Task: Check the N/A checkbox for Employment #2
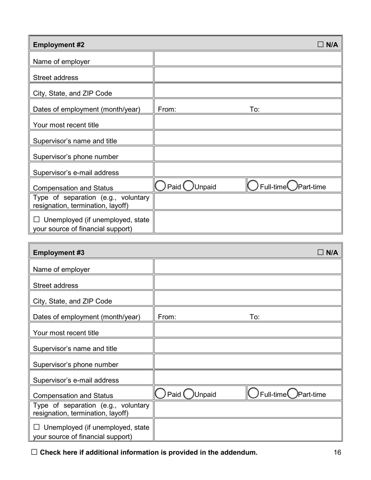pyautogui.click(x=321, y=45)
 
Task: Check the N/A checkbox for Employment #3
pyautogui.click(x=321, y=252)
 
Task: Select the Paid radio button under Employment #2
pyautogui.click(x=160, y=187)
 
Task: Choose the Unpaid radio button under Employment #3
pyautogui.click(x=188, y=394)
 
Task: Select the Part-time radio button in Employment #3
pyautogui.click(x=292, y=394)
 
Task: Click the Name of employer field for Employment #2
pyautogui.click(x=248, y=59)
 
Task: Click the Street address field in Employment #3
pyautogui.click(x=248, y=283)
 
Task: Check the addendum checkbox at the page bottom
pyautogui.click(x=34, y=452)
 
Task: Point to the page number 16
pyautogui.click(x=337, y=453)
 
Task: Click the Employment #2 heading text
pyautogui.click(x=59, y=45)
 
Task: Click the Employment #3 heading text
pyautogui.click(x=59, y=252)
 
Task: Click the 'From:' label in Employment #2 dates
pyautogui.click(x=167, y=109)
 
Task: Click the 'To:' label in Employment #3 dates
pyautogui.click(x=254, y=317)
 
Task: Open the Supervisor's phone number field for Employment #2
pyautogui.click(x=248, y=154)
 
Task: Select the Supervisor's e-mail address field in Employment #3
pyautogui.click(x=248, y=377)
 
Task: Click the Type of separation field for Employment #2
pyautogui.click(x=248, y=202)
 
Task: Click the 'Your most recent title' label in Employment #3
pyautogui.click(x=66, y=333)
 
